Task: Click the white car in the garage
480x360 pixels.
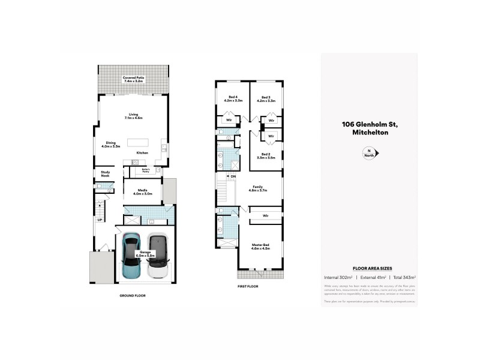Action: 157,256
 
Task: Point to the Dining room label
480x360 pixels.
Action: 111,144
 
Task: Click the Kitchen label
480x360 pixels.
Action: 142,153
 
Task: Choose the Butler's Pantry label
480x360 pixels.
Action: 145,170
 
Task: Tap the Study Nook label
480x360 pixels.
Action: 106,174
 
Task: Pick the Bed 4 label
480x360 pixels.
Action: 232,99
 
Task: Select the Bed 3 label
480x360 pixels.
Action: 266,99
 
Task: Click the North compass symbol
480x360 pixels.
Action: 370,154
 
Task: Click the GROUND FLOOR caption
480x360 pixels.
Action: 132,296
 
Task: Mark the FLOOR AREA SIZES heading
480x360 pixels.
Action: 369,269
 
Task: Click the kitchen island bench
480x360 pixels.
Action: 136,143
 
